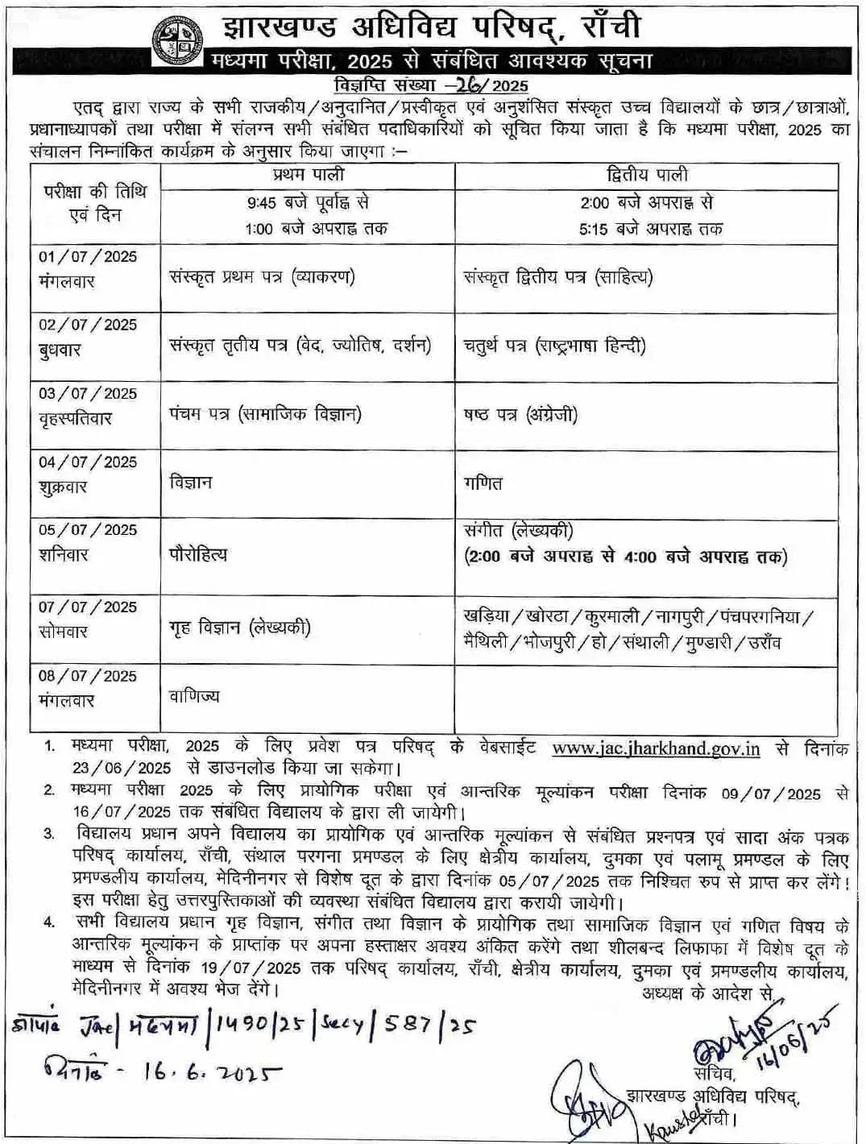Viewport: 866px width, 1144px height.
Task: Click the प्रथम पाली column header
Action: point(308,174)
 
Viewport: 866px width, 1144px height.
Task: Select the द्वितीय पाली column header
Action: point(647,175)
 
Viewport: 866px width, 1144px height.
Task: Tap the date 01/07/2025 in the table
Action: point(88,256)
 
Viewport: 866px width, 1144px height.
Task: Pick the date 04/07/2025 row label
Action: point(88,462)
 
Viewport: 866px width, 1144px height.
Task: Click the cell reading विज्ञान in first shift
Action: point(191,483)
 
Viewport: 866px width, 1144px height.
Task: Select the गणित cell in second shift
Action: point(483,483)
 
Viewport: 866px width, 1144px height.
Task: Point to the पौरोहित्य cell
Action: point(198,554)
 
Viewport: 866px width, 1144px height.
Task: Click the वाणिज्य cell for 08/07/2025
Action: point(194,696)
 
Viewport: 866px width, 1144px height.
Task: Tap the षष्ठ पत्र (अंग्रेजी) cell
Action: point(520,415)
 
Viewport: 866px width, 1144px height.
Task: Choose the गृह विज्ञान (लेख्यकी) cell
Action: point(240,628)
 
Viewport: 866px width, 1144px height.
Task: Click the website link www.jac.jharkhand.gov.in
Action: point(656,748)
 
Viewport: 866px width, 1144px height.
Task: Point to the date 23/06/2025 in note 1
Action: point(122,768)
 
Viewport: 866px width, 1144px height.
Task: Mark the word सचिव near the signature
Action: point(713,1074)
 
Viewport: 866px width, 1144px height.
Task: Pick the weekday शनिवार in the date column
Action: point(64,554)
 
